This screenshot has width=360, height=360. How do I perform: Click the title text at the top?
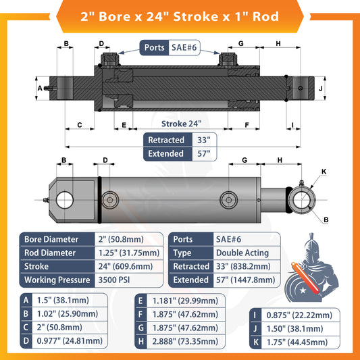pyautogui.click(x=180, y=15)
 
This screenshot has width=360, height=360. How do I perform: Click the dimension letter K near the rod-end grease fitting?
pyautogui.click(x=323, y=172)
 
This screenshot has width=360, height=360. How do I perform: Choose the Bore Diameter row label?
pyautogui.click(x=51, y=239)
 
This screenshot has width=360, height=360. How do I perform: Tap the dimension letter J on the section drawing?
pyautogui.click(x=322, y=88)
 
